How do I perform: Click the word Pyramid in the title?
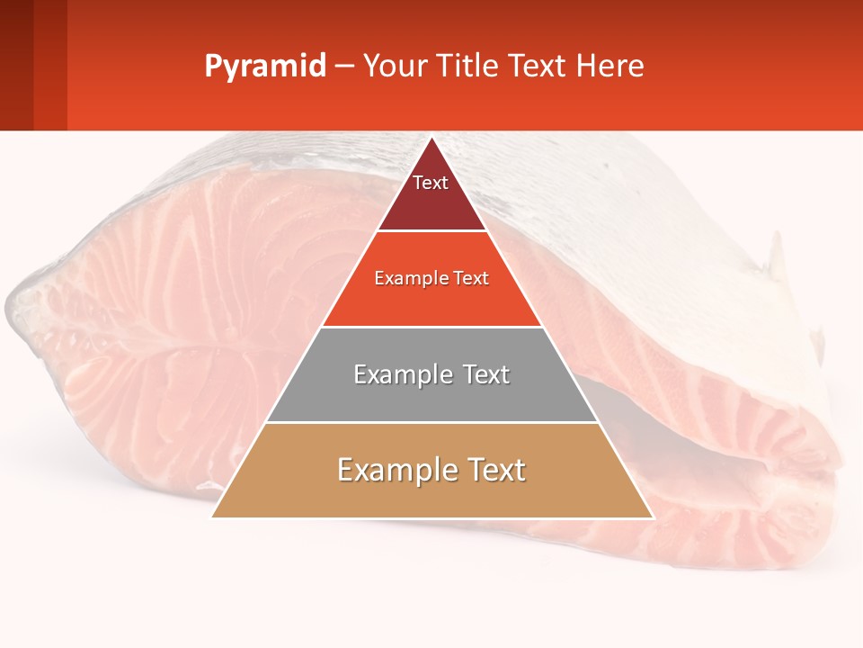[x=264, y=67]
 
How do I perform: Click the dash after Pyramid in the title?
[x=343, y=67]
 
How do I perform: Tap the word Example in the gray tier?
[x=401, y=374]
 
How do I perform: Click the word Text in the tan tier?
[x=491, y=470]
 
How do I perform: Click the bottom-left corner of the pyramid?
[x=213, y=517]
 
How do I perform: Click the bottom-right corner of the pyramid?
[x=652, y=517]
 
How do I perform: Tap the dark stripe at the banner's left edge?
[x=16, y=65]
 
